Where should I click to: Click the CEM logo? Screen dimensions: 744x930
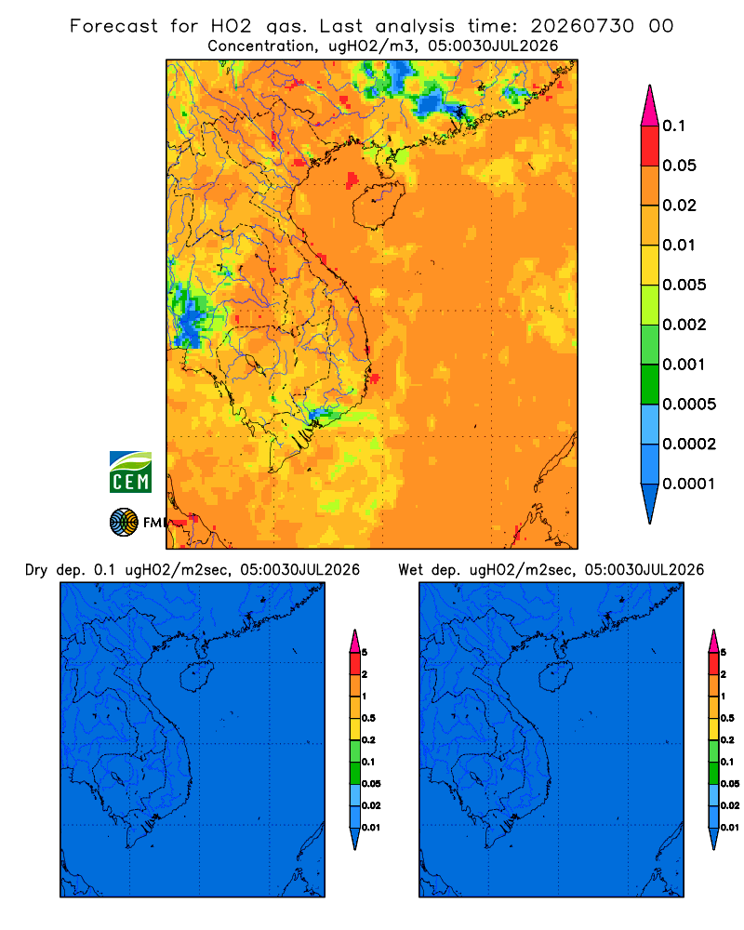click(x=130, y=472)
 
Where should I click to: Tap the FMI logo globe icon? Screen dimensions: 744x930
click(x=124, y=522)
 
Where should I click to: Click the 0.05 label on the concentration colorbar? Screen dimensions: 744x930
click(x=679, y=166)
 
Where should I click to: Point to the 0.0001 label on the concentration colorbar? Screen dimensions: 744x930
click(x=689, y=484)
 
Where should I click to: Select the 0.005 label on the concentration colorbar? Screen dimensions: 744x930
click(x=684, y=285)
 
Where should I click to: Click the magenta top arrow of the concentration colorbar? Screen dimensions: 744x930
click(x=650, y=106)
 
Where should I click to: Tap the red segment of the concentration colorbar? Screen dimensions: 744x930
click(x=650, y=146)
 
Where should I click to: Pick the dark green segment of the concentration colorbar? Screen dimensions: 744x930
click(x=650, y=384)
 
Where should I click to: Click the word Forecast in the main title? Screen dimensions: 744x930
click(x=113, y=26)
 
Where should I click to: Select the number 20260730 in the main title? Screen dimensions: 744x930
click(x=582, y=26)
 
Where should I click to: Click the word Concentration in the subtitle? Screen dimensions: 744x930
click(x=261, y=46)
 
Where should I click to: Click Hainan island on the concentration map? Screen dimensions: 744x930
click(x=378, y=205)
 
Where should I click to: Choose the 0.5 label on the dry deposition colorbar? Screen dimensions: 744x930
click(x=368, y=718)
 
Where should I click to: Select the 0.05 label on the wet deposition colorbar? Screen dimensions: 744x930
click(x=730, y=783)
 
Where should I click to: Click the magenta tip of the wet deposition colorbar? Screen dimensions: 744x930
click(x=713, y=641)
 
